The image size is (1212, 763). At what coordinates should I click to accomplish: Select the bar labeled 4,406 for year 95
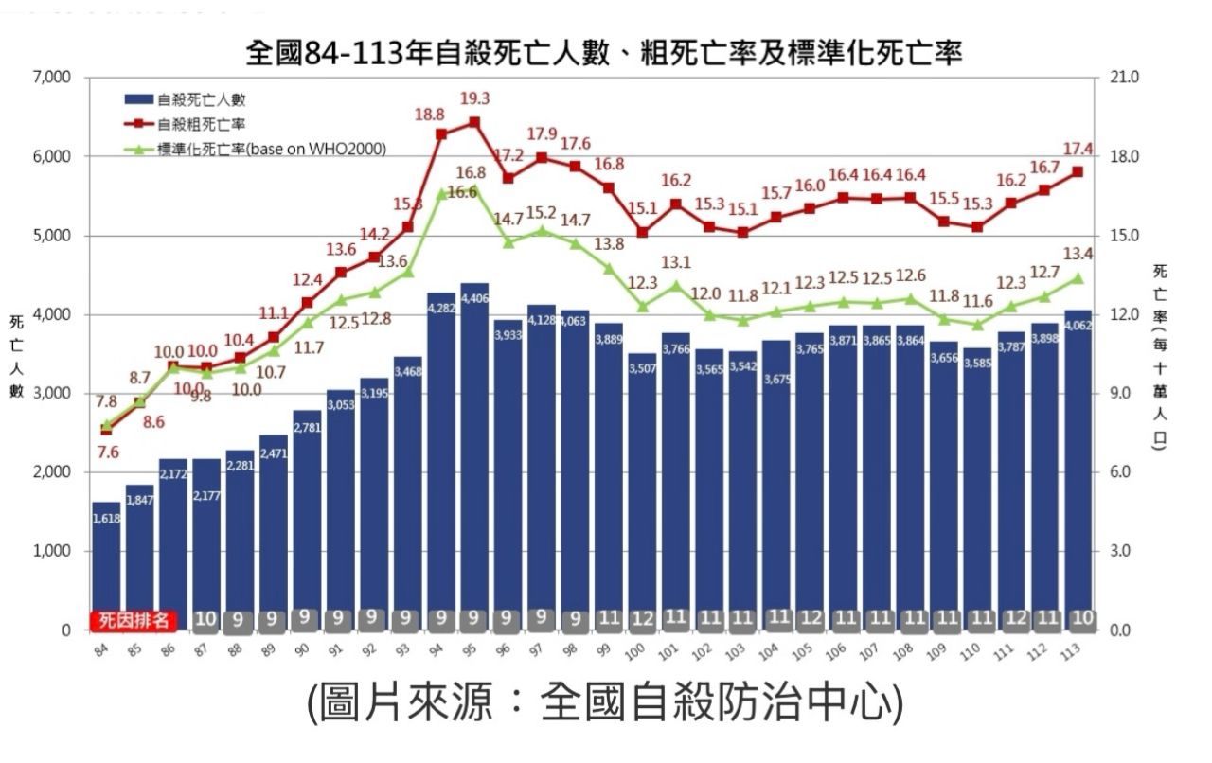click(474, 454)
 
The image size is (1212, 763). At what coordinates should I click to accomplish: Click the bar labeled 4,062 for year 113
click(1078, 469)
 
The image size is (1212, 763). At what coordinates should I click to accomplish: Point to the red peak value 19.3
click(474, 98)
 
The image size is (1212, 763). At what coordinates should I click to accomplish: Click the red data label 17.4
click(1078, 149)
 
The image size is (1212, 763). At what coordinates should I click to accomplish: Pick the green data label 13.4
click(1078, 254)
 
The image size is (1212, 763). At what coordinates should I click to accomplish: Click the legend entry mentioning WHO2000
click(271, 149)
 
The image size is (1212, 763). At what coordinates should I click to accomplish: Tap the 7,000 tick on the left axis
click(53, 77)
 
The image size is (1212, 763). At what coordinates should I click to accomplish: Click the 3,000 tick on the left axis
click(53, 393)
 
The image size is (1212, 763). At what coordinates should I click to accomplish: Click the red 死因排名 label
click(134, 620)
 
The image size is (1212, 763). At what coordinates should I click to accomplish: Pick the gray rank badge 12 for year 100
click(643, 620)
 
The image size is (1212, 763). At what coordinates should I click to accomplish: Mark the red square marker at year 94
click(441, 134)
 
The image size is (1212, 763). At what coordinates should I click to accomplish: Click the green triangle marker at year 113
click(1078, 278)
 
